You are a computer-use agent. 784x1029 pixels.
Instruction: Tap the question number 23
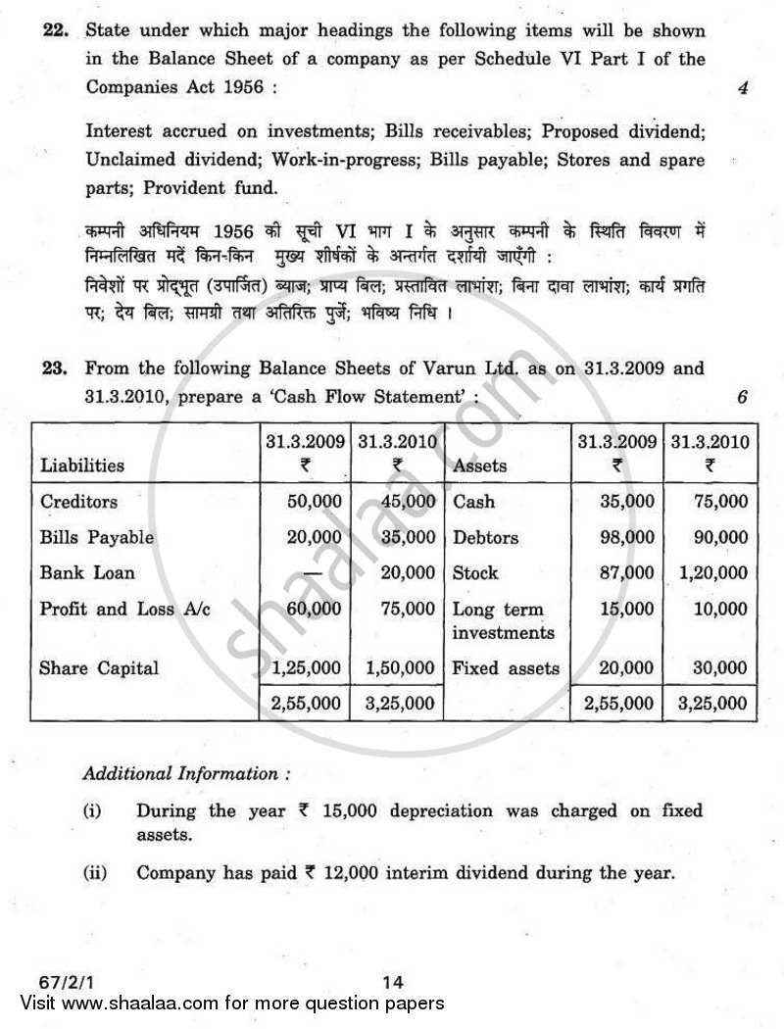point(53,369)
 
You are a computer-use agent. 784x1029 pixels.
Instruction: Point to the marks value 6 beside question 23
point(742,397)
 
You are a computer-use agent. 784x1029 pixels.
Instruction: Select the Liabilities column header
point(82,465)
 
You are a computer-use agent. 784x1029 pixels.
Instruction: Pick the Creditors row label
point(78,502)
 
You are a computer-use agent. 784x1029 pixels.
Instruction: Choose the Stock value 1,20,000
point(709,573)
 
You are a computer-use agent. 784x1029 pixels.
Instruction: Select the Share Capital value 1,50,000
point(399,668)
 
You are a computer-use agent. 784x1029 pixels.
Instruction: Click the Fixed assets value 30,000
point(717,668)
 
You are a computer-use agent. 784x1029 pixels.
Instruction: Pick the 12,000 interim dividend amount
point(349,872)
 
